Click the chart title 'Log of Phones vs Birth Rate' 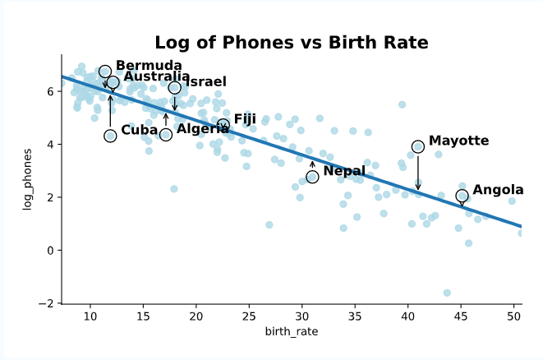pyautogui.click(x=292, y=43)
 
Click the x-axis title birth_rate pyautogui.click(x=292, y=331)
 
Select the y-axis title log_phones pyautogui.click(x=27, y=179)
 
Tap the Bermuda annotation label pyautogui.click(x=149, y=66)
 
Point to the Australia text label pyautogui.click(x=157, y=77)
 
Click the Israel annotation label pyautogui.click(x=206, y=82)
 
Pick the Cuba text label pyautogui.click(x=139, y=130)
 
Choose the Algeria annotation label pyautogui.click(x=203, y=129)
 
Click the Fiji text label pyautogui.click(x=245, y=119)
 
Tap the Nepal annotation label pyautogui.click(x=344, y=171)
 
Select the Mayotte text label pyautogui.click(x=458, y=141)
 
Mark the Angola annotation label pyautogui.click(x=498, y=190)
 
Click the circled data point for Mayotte pyautogui.click(x=418, y=146)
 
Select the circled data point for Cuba pyautogui.click(x=110, y=136)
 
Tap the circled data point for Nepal pyautogui.click(x=312, y=177)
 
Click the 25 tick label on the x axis pyautogui.click(x=249, y=316)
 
